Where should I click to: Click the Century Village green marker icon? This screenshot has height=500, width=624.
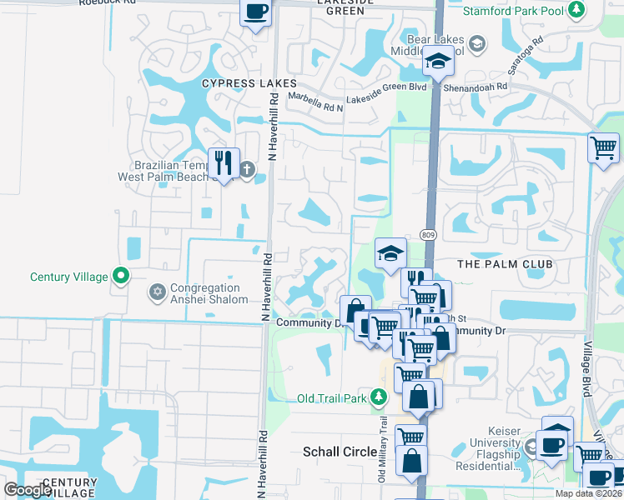pos(121,276)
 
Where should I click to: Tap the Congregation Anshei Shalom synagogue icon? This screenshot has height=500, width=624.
pos(157,292)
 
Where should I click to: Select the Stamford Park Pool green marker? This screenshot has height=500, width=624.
pos(576,11)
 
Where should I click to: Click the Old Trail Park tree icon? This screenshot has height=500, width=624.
pos(380,397)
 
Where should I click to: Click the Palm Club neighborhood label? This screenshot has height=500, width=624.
pos(506,264)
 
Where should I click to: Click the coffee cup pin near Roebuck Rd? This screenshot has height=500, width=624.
pos(256,12)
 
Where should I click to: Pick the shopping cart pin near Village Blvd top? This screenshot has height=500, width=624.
pos(603,147)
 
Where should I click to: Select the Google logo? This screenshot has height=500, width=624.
pos(28,490)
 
